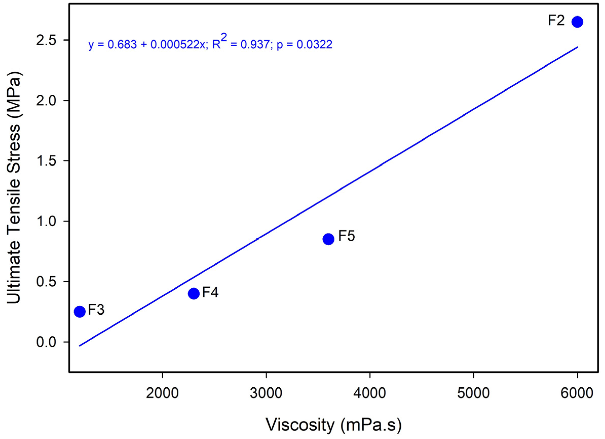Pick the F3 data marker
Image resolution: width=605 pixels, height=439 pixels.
[x=79, y=311]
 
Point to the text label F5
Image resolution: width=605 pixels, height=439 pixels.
[x=347, y=236]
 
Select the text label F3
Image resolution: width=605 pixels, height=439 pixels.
[x=96, y=310]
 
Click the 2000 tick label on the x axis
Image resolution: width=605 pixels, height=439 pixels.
[x=162, y=393]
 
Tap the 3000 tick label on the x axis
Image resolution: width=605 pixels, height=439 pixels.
[x=266, y=393]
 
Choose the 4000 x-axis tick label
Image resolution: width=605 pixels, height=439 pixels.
[x=370, y=393]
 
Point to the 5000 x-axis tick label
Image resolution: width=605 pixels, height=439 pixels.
[x=473, y=393]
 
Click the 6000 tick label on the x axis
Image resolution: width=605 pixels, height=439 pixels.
[x=577, y=393]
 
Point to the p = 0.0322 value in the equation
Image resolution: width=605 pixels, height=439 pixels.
[x=304, y=45]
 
